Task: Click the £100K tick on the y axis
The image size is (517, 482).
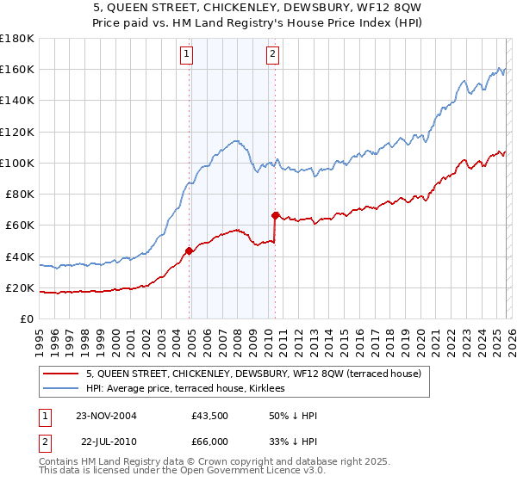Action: click(17, 163)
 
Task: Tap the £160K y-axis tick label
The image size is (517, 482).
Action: click(17, 69)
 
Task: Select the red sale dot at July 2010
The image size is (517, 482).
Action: click(275, 215)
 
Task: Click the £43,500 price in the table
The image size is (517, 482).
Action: click(210, 416)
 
